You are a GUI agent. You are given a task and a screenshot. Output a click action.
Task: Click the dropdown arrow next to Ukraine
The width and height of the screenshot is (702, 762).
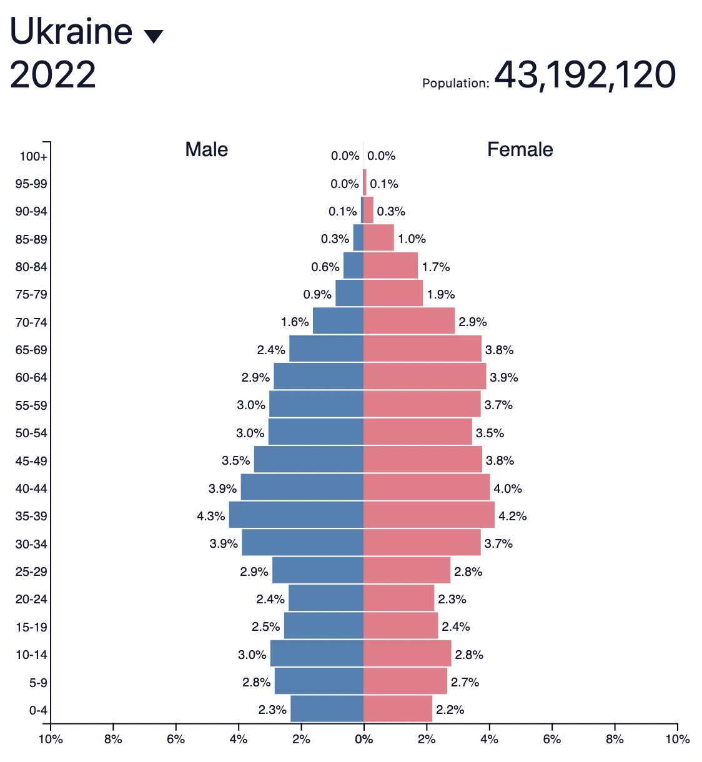tap(154, 37)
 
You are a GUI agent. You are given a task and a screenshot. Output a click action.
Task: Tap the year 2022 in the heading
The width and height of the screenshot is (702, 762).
tap(53, 75)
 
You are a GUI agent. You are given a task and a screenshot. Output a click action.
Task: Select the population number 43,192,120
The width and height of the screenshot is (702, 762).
tap(585, 75)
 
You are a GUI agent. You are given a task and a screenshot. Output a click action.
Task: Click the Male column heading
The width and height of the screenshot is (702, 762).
tap(206, 150)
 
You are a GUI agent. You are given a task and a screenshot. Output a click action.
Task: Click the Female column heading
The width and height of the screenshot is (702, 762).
tap(520, 150)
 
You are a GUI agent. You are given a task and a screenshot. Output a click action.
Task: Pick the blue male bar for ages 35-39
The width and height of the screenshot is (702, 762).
tap(296, 516)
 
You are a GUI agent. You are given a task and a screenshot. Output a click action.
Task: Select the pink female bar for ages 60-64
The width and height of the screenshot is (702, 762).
tap(425, 377)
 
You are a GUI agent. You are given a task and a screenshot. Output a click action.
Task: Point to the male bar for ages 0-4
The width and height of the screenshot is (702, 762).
tap(327, 710)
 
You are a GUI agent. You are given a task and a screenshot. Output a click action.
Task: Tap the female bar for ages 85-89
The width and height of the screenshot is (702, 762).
tap(378, 239)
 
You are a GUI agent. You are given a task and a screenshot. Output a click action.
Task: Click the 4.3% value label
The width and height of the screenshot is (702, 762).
tap(210, 516)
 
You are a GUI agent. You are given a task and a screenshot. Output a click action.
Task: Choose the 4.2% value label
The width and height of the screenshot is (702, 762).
tap(512, 516)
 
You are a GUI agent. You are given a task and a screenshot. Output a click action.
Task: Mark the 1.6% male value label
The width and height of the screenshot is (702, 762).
tap(295, 322)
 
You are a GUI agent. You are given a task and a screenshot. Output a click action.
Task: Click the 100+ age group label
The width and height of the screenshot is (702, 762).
tap(33, 156)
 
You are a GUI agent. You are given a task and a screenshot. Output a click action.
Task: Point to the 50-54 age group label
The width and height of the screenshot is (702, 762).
tap(31, 433)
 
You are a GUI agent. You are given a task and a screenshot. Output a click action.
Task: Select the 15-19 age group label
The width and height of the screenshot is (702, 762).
tap(31, 627)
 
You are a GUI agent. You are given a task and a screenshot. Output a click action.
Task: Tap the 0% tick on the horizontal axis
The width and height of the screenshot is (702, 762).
tap(363, 740)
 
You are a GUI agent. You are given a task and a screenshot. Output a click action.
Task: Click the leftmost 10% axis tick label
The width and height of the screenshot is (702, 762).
tap(51, 740)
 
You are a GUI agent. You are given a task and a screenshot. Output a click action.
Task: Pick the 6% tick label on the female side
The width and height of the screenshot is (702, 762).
tap(552, 740)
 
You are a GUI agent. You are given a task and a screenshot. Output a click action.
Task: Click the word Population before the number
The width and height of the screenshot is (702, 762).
tap(455, 83)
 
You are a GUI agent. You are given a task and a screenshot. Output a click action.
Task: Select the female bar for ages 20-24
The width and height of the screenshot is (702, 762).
tap(398, 599)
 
